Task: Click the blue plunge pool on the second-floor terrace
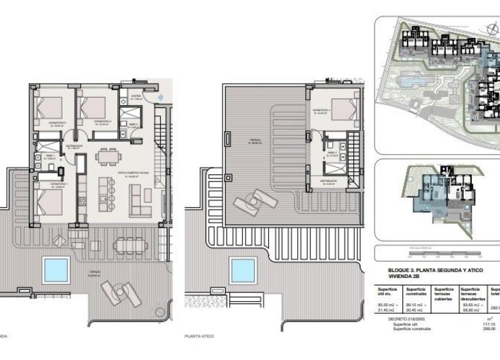[55, 268]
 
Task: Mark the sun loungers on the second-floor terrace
[121, 294]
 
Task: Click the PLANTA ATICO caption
[200, 335]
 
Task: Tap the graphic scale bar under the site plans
[437, 253]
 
